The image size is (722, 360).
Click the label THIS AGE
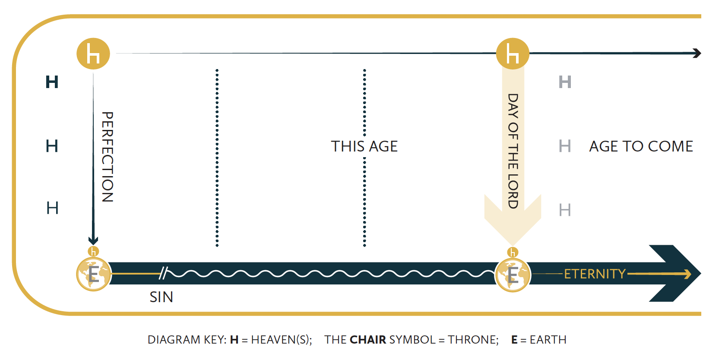tap(364, 146)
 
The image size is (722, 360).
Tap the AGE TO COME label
tap(641, 146)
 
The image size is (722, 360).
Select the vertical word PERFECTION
tap(108, 157)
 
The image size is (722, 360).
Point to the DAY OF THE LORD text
tap(513, 151)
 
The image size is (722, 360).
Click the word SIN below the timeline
tap(161, 297)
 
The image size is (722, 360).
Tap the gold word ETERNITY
tap(595, 274)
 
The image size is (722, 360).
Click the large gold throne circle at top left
tap(93, 54)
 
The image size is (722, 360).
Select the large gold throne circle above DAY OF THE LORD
tap(513, 54)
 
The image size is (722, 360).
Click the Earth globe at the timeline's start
tap(93, 274)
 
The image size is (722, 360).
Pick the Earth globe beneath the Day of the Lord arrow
tap(513, 274)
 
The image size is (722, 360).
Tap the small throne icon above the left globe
tap(93, 251)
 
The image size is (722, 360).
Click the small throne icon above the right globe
tap(513, 252)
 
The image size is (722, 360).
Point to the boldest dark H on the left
tap(52, 82)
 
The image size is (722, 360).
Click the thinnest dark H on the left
tap(52, 208)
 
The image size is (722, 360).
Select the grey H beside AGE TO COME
tap(565, 146)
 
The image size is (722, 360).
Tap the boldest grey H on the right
tap(565, 82)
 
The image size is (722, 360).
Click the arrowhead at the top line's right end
tap(696, 53)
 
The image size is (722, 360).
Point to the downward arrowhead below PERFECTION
tap(93, 240)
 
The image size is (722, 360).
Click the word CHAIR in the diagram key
tap(368, 340)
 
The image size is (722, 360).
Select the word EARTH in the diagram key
tap(548, 340)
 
